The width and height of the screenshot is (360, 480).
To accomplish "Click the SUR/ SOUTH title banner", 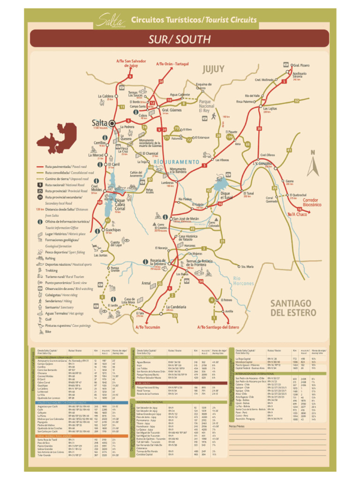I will click(180, 38).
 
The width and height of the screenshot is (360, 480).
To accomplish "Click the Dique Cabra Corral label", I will click(120, 204).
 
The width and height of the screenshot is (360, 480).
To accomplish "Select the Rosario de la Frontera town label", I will click(157, 262).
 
